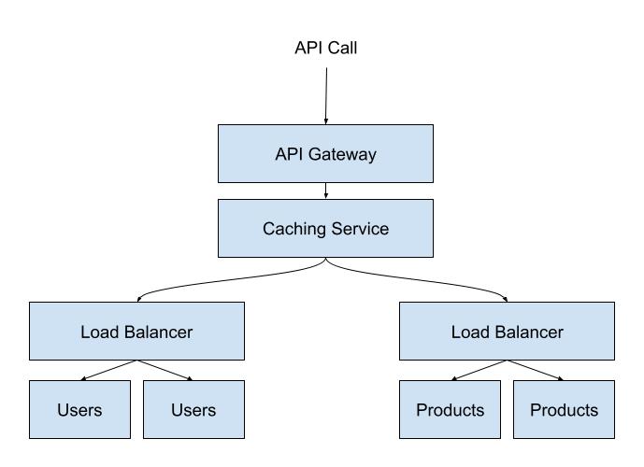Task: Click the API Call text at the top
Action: click(325, 48)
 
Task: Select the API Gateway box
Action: click(326, 154)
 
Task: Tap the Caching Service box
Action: click(326, 228)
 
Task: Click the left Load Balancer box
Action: click(136, 331)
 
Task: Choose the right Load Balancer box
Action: click(508, 331)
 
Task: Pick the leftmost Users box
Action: click(79, 409)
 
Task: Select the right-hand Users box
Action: click(193, 409)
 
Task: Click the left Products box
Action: click(451, 409)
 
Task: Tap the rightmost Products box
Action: click(565, 409)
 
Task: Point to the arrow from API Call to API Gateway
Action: click(326, 93)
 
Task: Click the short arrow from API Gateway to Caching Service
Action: click(326, 191)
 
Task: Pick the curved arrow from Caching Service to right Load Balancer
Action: click(421, 276)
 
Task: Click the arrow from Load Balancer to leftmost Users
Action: click(109, 370)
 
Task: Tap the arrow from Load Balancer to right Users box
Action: click(165, 370)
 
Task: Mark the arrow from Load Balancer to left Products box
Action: click(480, 370)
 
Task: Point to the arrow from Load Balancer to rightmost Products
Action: click(536, 370)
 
